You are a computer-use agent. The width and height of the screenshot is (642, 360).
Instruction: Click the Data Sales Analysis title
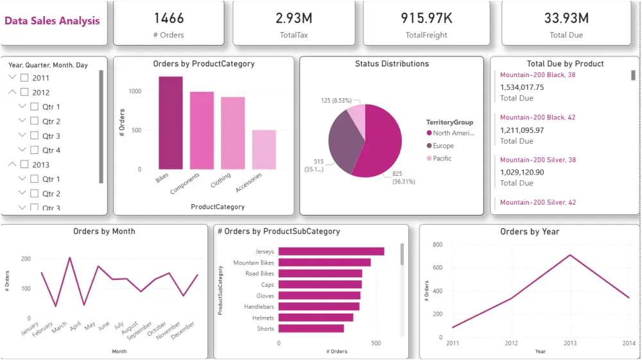coord(52,21)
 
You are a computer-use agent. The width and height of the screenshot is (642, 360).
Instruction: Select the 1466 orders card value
coord(169,18)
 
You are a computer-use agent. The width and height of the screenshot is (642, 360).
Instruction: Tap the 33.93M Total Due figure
coord(566,18)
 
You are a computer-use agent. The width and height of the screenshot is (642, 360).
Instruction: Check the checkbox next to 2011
coord(24,78)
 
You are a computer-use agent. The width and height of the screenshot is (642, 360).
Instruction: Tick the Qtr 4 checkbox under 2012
coord(35,150)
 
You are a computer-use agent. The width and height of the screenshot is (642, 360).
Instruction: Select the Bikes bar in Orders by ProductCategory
coord(171,123)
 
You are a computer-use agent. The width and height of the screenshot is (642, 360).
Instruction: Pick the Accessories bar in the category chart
coord(264,150)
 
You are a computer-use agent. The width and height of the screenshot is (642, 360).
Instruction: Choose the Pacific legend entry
coord(442,159)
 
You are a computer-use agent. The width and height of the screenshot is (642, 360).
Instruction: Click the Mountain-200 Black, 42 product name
coord(537,117)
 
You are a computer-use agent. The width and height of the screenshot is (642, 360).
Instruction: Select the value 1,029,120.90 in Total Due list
coord(522,172)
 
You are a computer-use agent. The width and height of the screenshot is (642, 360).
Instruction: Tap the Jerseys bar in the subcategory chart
coord(331,252)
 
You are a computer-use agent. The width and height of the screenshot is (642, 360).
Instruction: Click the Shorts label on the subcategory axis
coord(266,329)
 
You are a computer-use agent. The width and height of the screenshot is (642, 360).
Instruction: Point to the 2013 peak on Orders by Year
coord(569,255)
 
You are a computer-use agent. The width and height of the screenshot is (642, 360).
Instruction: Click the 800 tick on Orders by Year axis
coord(437,244)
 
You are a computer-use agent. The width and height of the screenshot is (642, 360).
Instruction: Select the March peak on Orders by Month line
coord(69,258)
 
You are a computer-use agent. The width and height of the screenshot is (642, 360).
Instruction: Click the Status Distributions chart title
coord(392,64)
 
